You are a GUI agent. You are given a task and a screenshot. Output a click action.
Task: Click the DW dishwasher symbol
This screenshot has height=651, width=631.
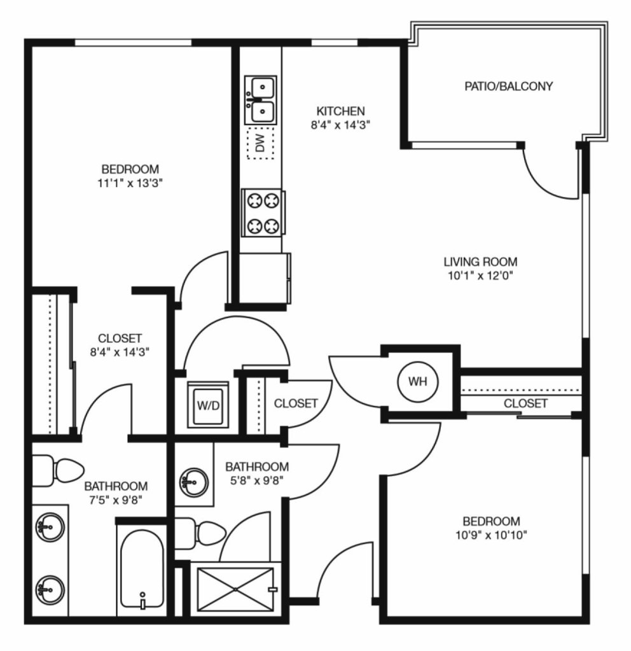pyautogui.click(x=261, y=143)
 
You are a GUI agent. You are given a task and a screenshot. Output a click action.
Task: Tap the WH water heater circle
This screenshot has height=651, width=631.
pyautogui.click(x=418, y=382)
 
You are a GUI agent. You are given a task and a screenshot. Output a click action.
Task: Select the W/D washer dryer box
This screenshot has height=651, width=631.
pyautogui.click(x=209, y=405)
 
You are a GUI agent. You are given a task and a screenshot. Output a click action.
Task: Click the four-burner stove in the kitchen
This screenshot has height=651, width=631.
pyautogui.click(x=263, y=213)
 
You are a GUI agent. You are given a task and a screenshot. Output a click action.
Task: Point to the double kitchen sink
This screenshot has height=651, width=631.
pyautogui.click(x=261, y=100)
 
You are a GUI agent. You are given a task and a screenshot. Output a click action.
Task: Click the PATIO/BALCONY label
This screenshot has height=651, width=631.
pyautogui.click(x=508, y=87)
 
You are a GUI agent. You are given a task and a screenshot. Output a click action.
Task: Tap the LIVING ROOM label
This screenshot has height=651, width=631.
pyautogui.click(x=481, y=262)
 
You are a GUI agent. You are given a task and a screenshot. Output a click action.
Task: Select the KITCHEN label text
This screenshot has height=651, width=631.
pyautogui.click(x=340, y=111)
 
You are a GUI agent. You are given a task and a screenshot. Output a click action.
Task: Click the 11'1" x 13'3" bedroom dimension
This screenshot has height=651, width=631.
pyautogui.click(x=130, y=183)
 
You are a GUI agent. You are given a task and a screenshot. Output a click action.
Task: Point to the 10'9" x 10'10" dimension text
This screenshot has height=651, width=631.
pyautogui.click(x=491, y=535)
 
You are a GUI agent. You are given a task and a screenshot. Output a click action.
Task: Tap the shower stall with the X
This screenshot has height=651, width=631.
pyautogui.click(x=235, y=589)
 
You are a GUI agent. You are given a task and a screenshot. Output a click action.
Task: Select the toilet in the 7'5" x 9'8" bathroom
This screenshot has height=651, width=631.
pyautogui.click(x=58, y=471)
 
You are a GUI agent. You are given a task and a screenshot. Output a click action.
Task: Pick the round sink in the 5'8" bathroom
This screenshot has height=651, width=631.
pyautogui.click(x=192, y=482)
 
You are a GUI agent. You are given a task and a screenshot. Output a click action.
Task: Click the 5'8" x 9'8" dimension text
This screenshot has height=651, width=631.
pyautogui.click(x=257, y=481)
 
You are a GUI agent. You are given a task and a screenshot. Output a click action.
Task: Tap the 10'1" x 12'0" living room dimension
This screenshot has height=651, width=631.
pyautogui.click(x=481, y=276)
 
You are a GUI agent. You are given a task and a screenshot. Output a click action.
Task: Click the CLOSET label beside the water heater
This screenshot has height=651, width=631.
pyautogui.click(x=525, y=403)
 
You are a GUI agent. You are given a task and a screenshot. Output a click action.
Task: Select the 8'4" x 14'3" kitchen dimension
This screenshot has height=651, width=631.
pyautogui.click(x=340, y=125)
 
